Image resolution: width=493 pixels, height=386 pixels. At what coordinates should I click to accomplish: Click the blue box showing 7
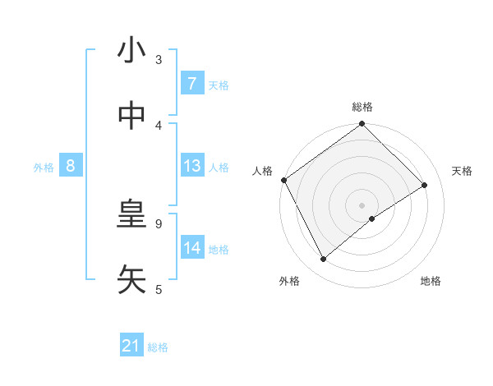click(191, 84)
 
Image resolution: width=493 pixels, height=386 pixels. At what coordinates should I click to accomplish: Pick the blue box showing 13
click(192, 167)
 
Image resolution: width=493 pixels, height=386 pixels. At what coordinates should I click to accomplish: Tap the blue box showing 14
click(192, 249)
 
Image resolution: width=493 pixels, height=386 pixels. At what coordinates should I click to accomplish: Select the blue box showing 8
click(71, 167)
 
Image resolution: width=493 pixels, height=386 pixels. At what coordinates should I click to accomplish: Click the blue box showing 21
click(131, 347)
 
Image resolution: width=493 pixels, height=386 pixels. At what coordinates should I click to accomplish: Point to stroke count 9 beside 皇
click(159, 223)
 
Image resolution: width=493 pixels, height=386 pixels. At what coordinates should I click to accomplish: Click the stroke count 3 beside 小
click(159, 59)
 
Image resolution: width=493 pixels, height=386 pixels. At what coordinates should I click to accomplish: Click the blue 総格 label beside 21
click(158, 347)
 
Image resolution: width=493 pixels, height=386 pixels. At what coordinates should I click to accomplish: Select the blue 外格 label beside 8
click(44, 168)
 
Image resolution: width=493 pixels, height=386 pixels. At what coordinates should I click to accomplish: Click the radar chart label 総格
click(362, 107)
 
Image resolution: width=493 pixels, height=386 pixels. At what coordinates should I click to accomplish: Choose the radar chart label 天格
click(462, 171)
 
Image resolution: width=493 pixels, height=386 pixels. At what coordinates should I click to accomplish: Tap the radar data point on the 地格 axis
click(372, 218)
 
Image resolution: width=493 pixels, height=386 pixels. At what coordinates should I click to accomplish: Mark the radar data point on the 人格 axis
click(283, 180)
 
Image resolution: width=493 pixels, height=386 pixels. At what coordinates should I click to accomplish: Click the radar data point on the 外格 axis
click(323, 260)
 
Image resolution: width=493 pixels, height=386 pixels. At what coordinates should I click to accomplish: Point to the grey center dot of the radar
click(362, 205)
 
